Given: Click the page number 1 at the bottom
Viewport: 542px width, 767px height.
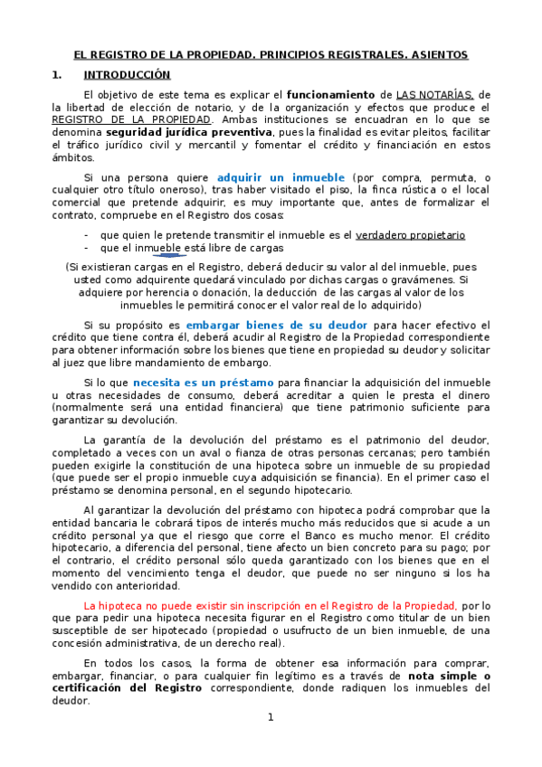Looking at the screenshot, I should [x=270, y=717].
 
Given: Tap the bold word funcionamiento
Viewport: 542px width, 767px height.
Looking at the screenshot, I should [x=330, y=94].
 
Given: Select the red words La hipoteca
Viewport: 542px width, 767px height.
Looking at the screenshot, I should [x=113, y=604].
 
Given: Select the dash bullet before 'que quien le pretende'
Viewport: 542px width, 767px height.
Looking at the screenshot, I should [x=85, y=234].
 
